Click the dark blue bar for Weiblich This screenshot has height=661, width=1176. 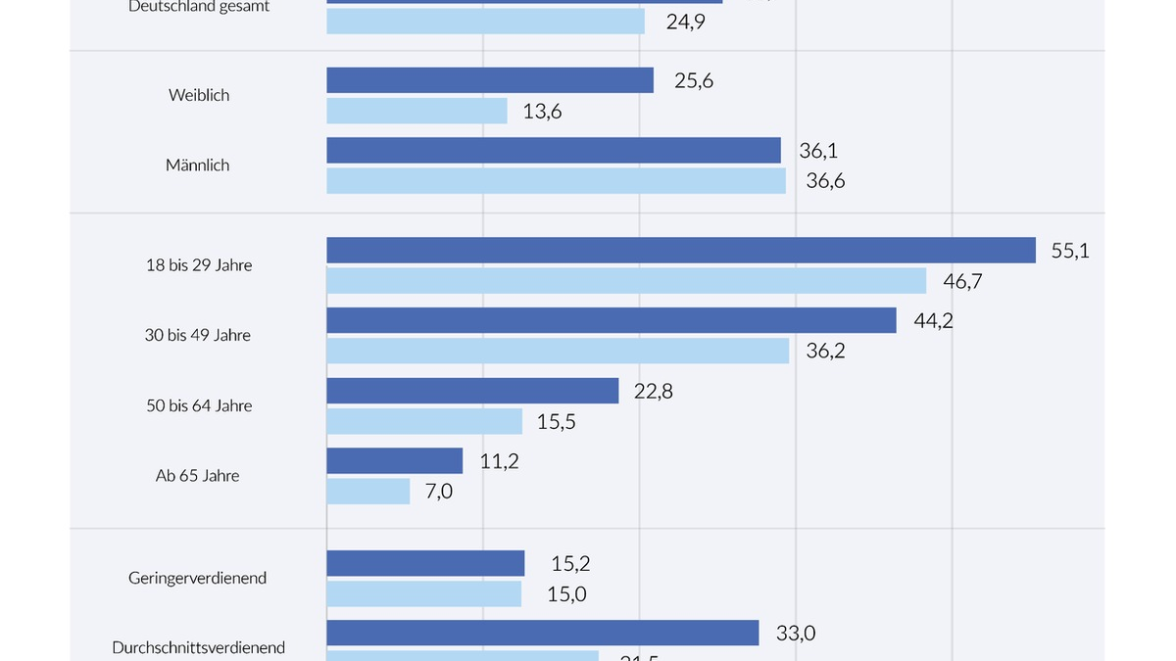tap(490, 80)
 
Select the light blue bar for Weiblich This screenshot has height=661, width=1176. tap(416, 111)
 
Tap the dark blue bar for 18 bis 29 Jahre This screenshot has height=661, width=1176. tap(681, 250)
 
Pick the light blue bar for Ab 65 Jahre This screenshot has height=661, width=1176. tap(367, 491)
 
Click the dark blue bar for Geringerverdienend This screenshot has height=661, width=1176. tap(425, 563)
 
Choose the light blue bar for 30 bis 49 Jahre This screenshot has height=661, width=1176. tap(558, 351)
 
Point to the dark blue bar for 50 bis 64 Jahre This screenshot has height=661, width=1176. tap(472, 391)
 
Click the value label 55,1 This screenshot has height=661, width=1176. tap(1070, 250)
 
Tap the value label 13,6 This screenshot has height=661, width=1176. tap(542, 112)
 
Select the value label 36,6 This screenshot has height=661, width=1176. tap(825, 181)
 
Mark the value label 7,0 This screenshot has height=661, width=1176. tap(439, 491)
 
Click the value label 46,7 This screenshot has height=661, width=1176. tap(962, 281)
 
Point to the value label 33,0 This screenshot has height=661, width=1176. tap(796, 633)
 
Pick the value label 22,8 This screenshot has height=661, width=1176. tap(654, 391)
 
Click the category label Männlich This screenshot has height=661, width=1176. tap(198, 165)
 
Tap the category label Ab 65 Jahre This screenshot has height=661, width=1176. tap(198, 476)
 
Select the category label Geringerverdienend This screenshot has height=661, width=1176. tap(198, 578)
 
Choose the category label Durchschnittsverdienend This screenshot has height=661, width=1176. tap(199, 647)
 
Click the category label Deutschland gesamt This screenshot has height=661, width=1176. tap(199, 7)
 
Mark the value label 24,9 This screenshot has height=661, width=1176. tap(686, 21)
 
